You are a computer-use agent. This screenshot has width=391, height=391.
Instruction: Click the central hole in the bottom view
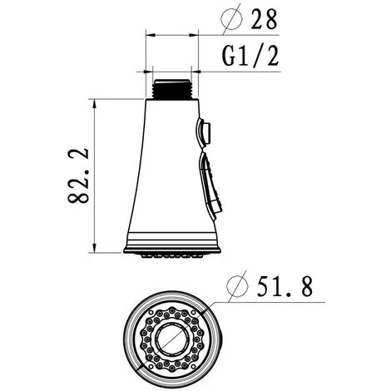(x=172, y=339)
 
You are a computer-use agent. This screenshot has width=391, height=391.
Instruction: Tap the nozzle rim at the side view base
(x=172, y=249)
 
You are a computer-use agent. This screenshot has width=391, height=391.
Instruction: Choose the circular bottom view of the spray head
(x=172, y=339)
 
